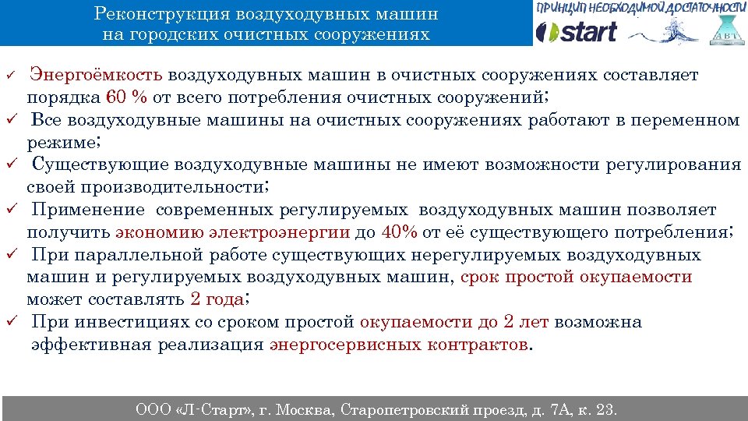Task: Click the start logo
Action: click(577, 32)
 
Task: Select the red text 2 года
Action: click(217, 299)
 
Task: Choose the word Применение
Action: click(88, 210)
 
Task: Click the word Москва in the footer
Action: click(302, 409)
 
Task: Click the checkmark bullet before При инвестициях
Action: click(13, 322)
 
